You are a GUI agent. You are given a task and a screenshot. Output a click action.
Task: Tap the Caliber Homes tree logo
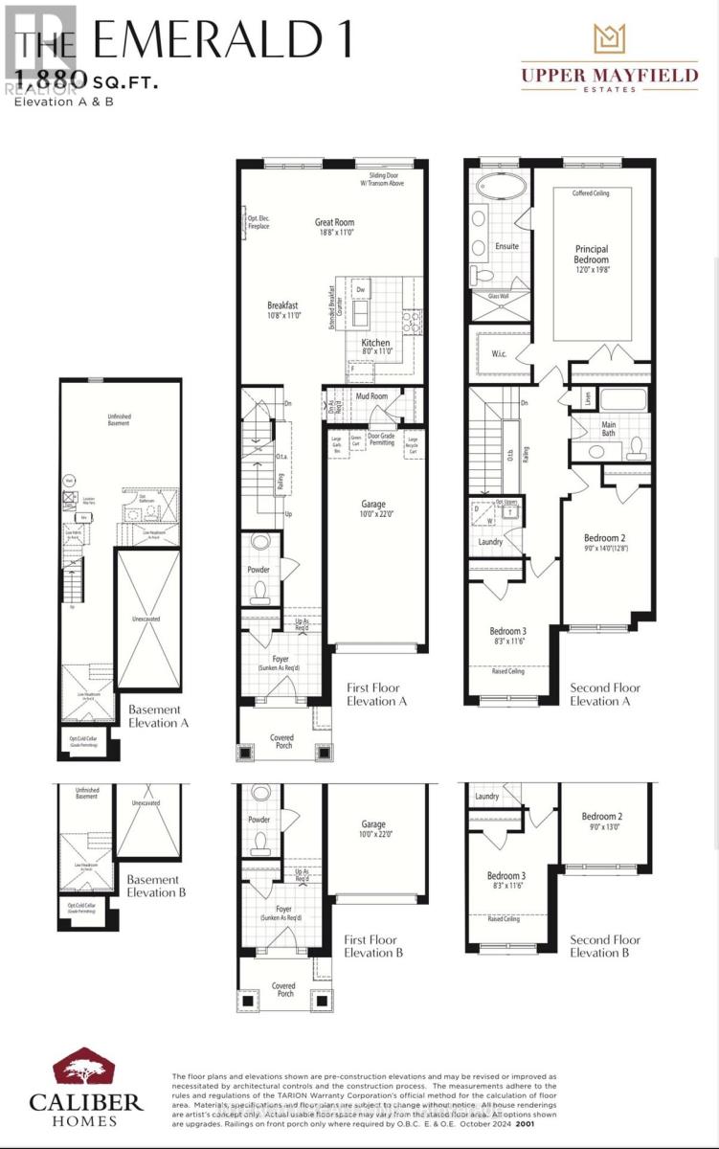pyautogui.click(x=85, y=1072)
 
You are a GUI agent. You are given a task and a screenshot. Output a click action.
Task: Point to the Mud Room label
pyautogui.click(x=371, y=395)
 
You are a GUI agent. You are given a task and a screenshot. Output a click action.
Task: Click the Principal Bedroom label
pyautogui.click(x=591, y=255)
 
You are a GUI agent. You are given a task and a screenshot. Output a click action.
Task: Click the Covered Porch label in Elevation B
pyautogui.click(x=282, y=989)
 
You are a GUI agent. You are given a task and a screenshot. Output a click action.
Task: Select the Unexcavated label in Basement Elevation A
pyautogui.click(x=146, y=619)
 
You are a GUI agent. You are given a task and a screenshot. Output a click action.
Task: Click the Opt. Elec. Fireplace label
pyautogui.click(x=258, y=222)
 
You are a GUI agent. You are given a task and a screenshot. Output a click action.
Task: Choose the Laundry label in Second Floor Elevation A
pyautogui.click(x=490, y=542)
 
